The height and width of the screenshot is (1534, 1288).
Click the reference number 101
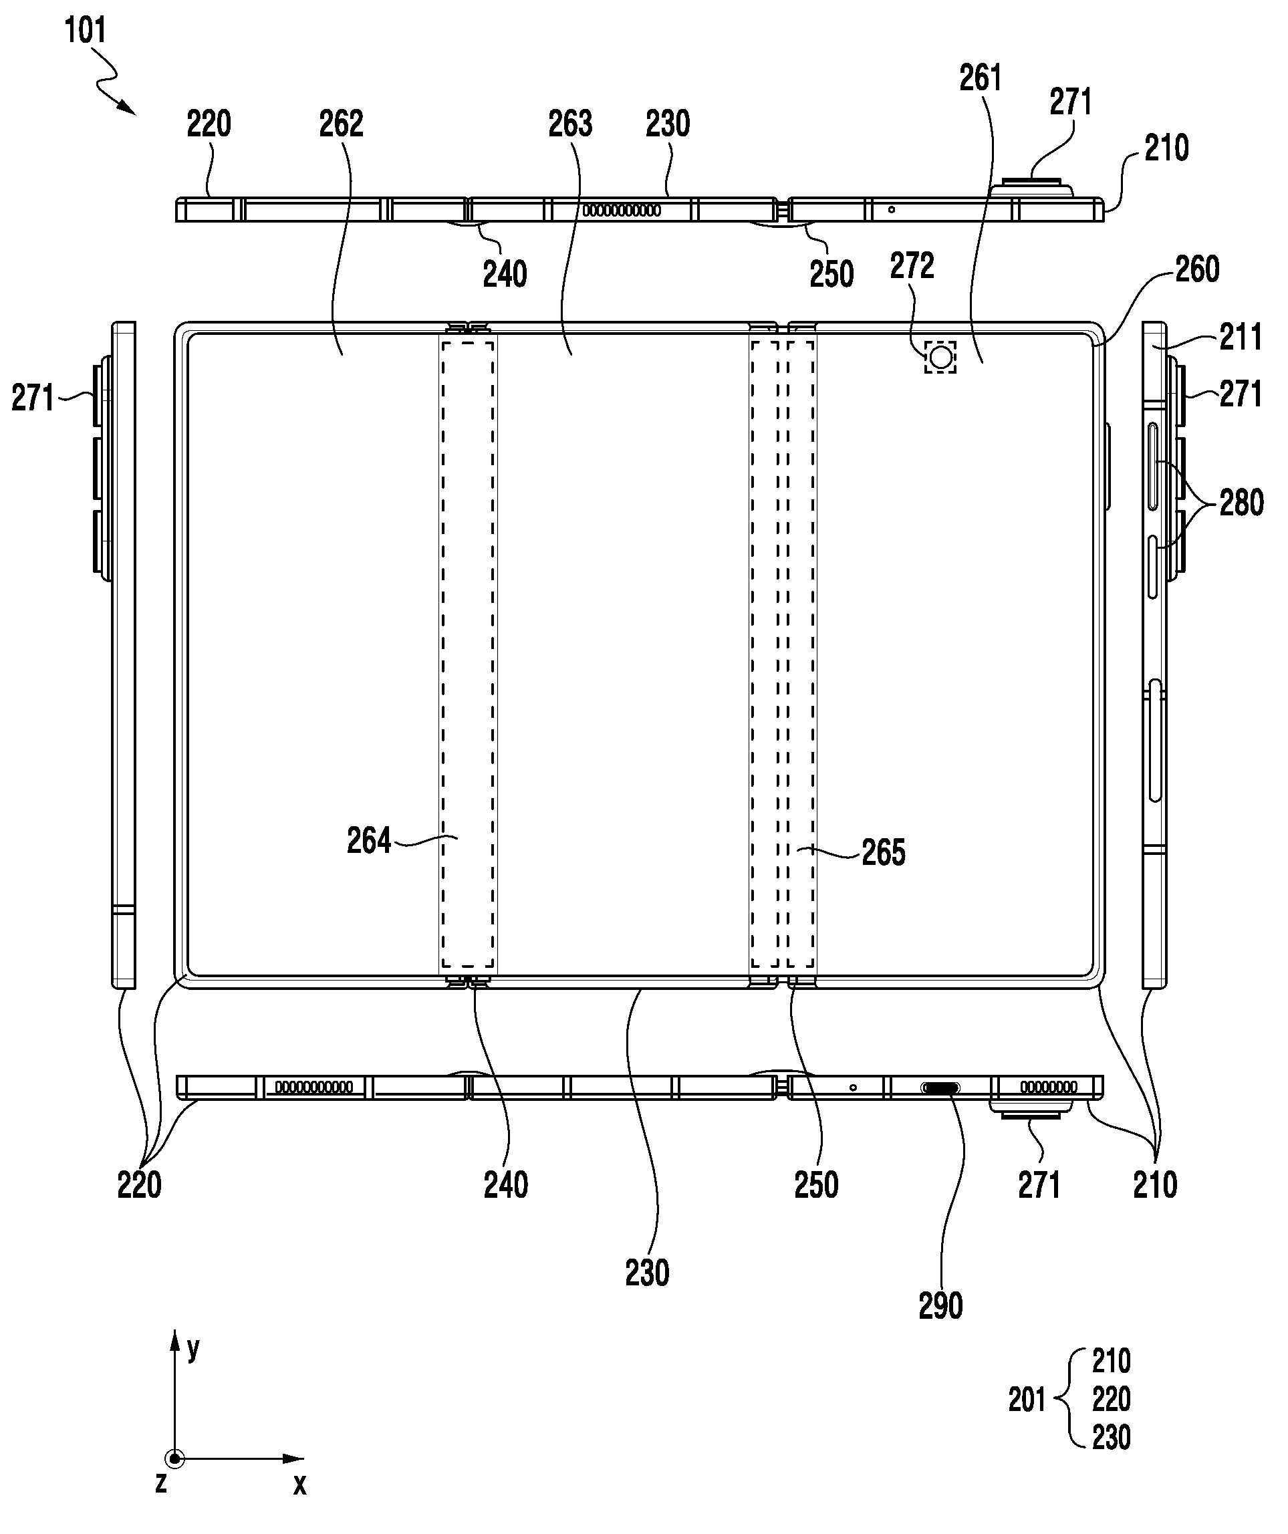point(86,31)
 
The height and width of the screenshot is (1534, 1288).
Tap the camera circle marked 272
point(940,357)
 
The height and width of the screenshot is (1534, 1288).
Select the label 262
point(341,124)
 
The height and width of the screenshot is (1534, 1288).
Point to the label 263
point(571,124)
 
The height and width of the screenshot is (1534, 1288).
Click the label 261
point(981,78)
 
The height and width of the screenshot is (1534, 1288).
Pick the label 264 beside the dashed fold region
point(369,841)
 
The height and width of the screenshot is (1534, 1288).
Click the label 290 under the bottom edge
point(940,1307)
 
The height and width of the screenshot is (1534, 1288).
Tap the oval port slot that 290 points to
point(940,1088)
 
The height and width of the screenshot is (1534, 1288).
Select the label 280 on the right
point(1241,503)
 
